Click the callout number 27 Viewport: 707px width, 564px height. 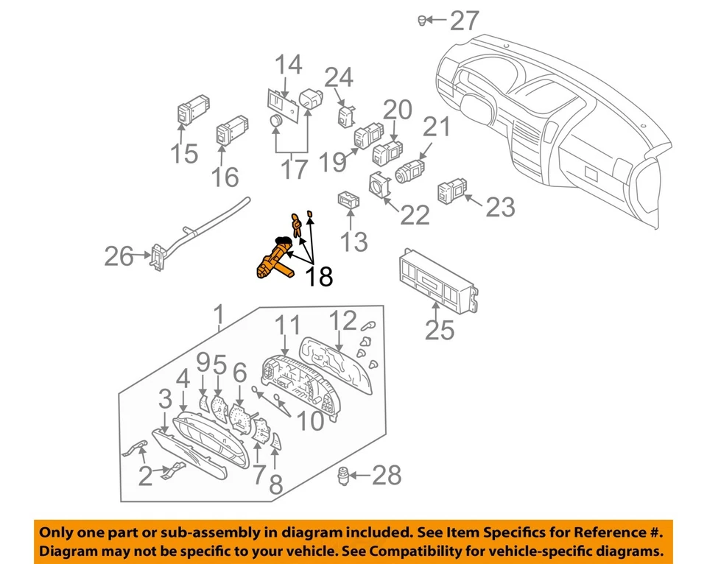point(465,21)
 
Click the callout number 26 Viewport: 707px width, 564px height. point(119,257)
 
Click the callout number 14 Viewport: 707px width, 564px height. point(289,65)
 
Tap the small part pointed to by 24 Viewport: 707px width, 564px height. point(347,115)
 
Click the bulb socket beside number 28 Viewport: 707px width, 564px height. point(344,475)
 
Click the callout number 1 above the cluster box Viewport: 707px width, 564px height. point(218,315)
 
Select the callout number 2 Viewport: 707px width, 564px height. point(145,476)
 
